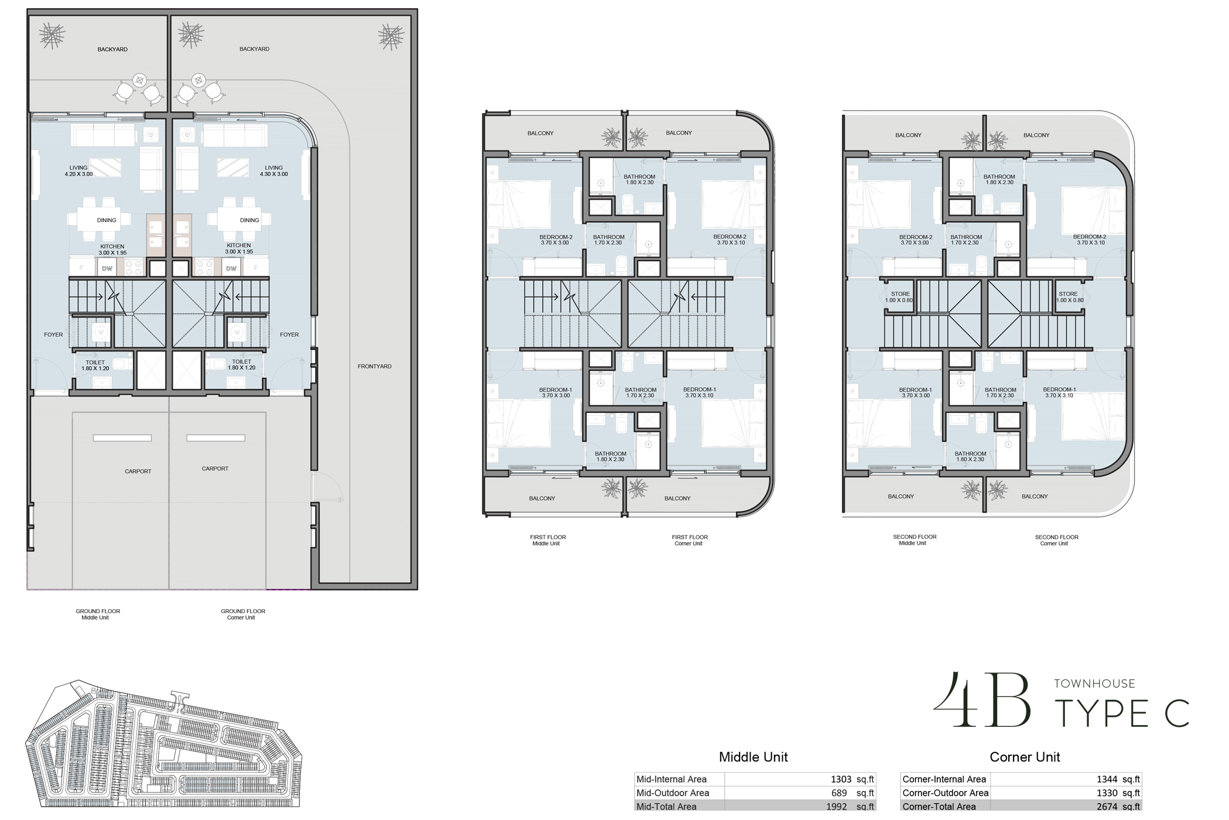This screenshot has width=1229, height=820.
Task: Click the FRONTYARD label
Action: tap(375, 367)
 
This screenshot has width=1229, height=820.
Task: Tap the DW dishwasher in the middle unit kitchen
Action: tap(107, 269)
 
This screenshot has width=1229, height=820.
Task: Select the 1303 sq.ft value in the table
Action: tap(841, 780)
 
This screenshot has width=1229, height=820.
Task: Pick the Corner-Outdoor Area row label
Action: tap(945, 793)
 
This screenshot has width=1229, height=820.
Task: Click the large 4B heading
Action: tap(982, 701)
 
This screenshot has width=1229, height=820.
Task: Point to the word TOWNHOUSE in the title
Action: tap(1094, 684)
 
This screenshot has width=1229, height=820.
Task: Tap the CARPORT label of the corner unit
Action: tap(215, 469)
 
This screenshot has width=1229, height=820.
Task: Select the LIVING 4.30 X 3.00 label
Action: tap(273, 171)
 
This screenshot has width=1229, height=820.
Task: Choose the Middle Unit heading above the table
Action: tap(753, 757)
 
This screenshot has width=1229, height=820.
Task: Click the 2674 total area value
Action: tap(1107, 807)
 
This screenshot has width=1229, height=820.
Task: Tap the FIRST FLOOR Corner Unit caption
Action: tap(689, 540)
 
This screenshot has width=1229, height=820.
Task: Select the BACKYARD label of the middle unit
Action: tap(112, 50)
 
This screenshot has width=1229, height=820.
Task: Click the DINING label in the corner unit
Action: tap(249, 221)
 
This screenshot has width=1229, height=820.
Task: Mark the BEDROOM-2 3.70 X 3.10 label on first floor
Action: tap(730, 240)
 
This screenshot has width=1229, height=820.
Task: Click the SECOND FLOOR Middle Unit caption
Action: tap(914, 540)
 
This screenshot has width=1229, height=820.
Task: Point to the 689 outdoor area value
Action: tap(838, 793)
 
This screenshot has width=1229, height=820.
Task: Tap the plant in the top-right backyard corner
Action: tap(391, 37)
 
